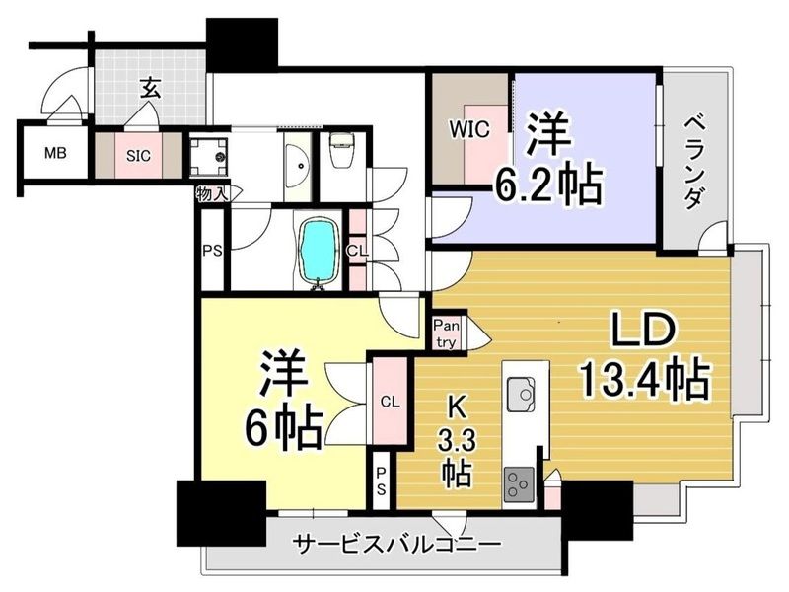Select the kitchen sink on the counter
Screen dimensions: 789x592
(521, 393)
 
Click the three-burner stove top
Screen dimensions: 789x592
(520, 484)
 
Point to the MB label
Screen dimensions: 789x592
(55, 153)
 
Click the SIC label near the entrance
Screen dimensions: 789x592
(138, 156)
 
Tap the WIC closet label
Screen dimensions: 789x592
(469, 130)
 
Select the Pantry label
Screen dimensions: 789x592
(447, 333)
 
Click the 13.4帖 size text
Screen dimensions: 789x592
(645, 380)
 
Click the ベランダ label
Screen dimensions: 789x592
(694, 161)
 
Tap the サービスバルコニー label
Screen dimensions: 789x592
(397, 545)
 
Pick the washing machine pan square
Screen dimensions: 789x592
(208, 154)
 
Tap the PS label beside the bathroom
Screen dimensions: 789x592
(212, 251)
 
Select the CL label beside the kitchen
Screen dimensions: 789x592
(390, 402)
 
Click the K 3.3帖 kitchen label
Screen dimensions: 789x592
(457, 441)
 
